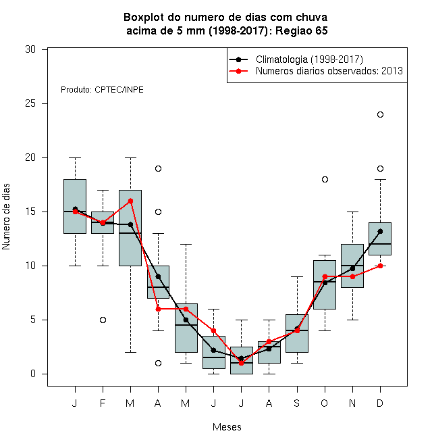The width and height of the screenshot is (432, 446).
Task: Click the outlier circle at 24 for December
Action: point(380,115)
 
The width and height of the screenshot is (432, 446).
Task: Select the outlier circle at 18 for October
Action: point(325,180)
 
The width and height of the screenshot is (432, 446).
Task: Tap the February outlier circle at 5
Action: point(103,320)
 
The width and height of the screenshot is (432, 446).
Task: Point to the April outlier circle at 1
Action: point(159,364)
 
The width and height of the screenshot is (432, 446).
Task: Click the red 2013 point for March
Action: point(130,201)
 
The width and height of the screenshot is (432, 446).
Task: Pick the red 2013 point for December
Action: point(380,266)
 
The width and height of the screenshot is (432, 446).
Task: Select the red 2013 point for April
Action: point(159,309)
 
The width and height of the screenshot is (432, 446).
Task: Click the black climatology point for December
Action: point(380,231)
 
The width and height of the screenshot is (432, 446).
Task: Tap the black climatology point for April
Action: point(159,277)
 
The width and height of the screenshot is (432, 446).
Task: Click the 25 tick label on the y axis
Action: point(30,103)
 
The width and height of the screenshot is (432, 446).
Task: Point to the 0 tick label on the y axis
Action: point(33,374)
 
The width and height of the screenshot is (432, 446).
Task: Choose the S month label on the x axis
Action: point(297,403)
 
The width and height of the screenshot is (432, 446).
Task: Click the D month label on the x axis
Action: point(380,403)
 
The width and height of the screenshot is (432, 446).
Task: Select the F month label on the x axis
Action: point(103,403)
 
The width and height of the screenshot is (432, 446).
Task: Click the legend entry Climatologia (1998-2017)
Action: point(296,59)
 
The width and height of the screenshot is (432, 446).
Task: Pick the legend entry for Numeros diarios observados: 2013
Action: point(316,71)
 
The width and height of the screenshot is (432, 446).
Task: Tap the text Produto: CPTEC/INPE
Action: point(102,90)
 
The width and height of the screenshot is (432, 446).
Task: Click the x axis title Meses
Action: point(227,427)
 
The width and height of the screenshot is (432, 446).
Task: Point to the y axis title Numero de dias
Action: point(6,217)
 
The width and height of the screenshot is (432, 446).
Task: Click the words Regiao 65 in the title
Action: point(302,30)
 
